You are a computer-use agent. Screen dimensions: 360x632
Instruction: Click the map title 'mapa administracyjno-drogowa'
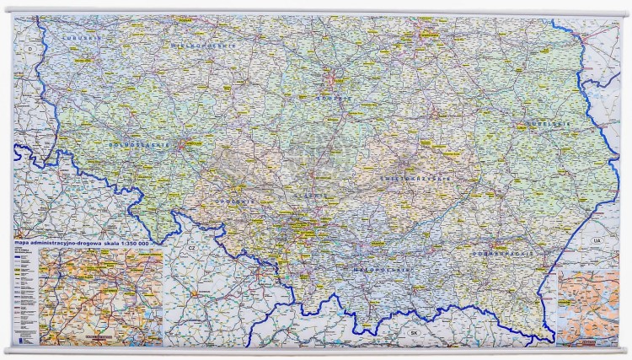(59, 244)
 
